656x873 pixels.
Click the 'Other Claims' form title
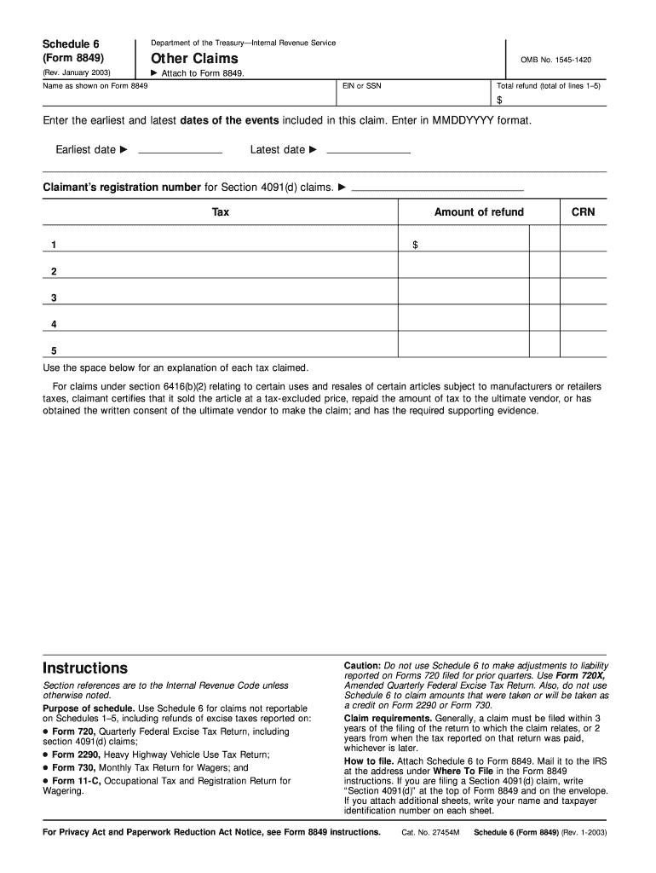click(194, 59)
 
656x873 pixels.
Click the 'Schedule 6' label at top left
click(72, 43)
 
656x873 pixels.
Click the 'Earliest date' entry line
click(179, 150)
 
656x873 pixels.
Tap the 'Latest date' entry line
click(368, 150)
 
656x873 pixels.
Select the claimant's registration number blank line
click(437, 187)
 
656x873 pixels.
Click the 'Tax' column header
click(221, 212)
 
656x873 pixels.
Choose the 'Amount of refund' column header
click(479, 212)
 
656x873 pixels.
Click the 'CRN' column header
click(583, 212)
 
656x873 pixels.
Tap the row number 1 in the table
click(54, 246)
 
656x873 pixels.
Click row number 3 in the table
click(54, 298)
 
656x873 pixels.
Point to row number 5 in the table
click(54, 350)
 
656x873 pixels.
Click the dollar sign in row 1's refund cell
click(415, 246)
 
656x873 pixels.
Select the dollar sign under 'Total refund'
click(500, 100)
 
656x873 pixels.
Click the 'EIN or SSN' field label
click(362, 86)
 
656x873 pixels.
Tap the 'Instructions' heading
click(85, 668)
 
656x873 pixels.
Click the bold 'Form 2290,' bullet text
click(76, 754)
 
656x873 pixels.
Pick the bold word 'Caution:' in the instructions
click(363, 664)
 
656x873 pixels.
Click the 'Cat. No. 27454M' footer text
click(430, 832)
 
